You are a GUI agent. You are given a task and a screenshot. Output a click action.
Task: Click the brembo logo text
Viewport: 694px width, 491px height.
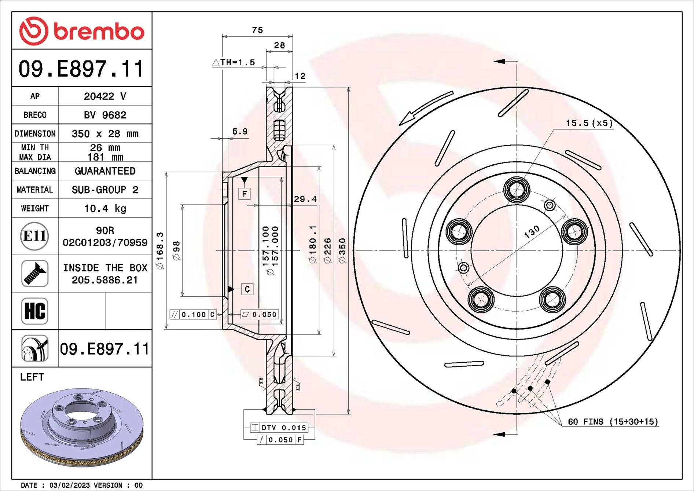point(99,32)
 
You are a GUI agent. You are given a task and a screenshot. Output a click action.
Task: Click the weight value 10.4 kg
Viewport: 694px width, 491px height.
point(105,209)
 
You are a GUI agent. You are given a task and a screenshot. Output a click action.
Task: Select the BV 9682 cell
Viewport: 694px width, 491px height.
point(105,115)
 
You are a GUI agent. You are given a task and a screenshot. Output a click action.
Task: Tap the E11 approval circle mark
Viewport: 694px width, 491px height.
point(34,236)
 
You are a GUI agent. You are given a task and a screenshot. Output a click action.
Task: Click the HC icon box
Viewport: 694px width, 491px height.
point(35,311)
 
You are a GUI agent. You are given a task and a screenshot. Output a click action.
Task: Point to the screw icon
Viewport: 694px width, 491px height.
point(35,274)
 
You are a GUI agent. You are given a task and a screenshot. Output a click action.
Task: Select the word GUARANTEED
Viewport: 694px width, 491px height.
point(105,171)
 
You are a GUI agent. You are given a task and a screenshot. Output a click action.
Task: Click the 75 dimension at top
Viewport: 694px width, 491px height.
point(257,30)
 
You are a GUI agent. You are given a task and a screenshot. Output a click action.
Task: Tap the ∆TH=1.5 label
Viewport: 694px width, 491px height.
point(234,62)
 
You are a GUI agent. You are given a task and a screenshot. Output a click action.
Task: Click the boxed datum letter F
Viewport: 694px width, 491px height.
point(245,194)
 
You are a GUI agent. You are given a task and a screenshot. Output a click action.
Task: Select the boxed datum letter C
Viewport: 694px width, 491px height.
point(247,289)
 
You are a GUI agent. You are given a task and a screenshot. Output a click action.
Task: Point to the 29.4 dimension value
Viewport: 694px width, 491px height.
point(305,199)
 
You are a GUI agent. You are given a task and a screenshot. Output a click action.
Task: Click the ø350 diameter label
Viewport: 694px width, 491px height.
point(342,251)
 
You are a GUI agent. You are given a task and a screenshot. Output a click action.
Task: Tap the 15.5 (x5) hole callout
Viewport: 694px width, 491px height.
point(589,123)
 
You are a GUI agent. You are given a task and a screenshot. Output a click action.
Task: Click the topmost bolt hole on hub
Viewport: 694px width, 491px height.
point(517,190)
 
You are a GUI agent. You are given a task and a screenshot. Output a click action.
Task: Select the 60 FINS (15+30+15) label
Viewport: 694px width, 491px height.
point(613,422)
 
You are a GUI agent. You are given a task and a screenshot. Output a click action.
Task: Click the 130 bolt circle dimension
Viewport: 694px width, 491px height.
point(532,232)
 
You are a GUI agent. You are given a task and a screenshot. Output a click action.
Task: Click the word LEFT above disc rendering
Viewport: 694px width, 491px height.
point(32,377)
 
